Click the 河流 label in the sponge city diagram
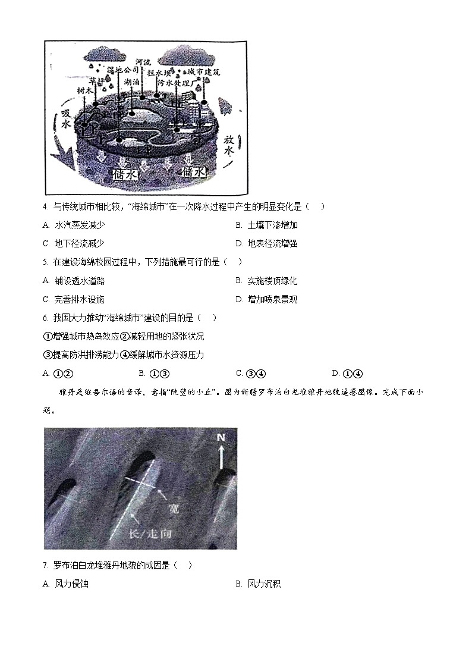[x=143, y=61]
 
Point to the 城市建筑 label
[x=204, y=72]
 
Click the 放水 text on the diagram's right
[x=229, y=145]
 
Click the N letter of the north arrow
[x=221, y=438]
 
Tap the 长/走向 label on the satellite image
[x=150, y=534]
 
